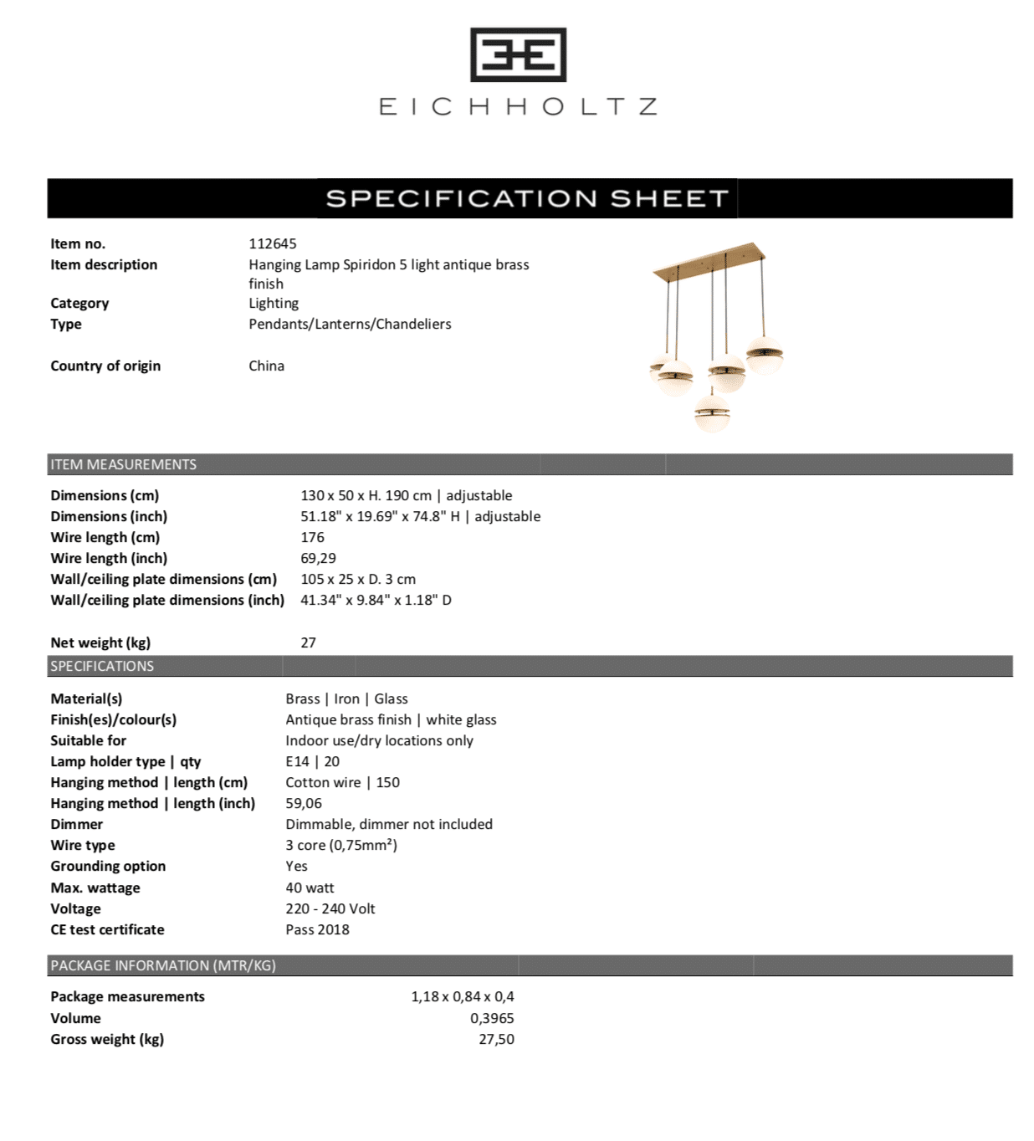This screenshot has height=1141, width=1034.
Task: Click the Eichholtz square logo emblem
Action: click(x=518, y=55)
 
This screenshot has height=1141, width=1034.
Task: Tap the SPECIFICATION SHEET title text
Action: click(x=527, y=198)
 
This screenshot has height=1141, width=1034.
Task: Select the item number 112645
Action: click(x=272, y=243)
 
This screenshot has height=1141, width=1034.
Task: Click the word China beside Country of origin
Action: click(x=266, y=366)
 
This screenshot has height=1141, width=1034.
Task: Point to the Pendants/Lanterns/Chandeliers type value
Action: click(x=349, y=324)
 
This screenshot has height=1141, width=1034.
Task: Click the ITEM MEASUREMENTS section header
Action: click(x=123, y=464)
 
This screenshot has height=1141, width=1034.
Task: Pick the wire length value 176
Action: click(x=312, y=537)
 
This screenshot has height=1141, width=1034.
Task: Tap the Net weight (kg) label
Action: click(x=100, y=642)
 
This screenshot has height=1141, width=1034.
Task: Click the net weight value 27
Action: click(x=308, y=642)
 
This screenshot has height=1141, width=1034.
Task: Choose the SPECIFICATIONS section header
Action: click(x=102, y=666)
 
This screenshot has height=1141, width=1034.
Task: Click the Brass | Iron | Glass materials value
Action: click(x=346, y=698)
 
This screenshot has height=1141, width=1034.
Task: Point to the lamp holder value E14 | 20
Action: click(x=312, y=761)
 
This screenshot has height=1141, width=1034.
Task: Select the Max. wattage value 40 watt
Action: click(x=310, y=888)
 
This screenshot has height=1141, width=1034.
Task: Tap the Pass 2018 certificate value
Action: click(x=317, y=929)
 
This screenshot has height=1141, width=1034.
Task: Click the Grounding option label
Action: click(x=108, y=866)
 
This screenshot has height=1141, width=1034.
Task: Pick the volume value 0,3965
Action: click(x=492, y=1018)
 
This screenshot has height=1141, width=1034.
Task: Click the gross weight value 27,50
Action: click(x=496, y=1039)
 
